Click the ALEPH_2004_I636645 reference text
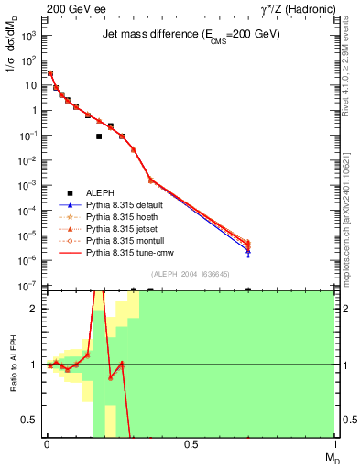[191, 274]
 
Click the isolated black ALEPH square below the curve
[99, 136]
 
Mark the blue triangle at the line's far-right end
[248, 251]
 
